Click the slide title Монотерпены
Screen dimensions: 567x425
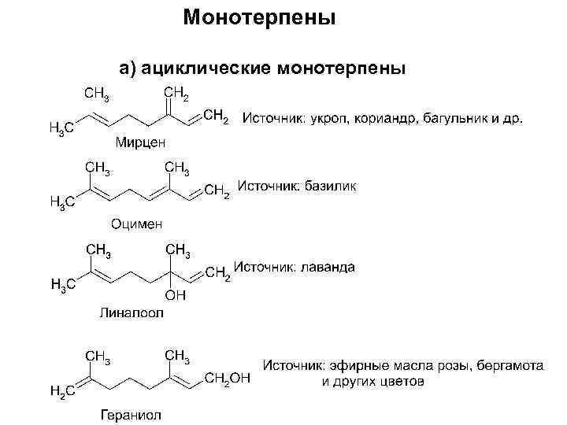click(259, 17)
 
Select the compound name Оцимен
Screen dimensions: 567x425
click(136, 224)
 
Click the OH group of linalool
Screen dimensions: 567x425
click(175, 295)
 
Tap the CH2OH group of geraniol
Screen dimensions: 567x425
click(227, 379)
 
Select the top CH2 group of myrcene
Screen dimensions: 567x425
click(176, 96)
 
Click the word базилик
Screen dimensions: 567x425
click(329, 187)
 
